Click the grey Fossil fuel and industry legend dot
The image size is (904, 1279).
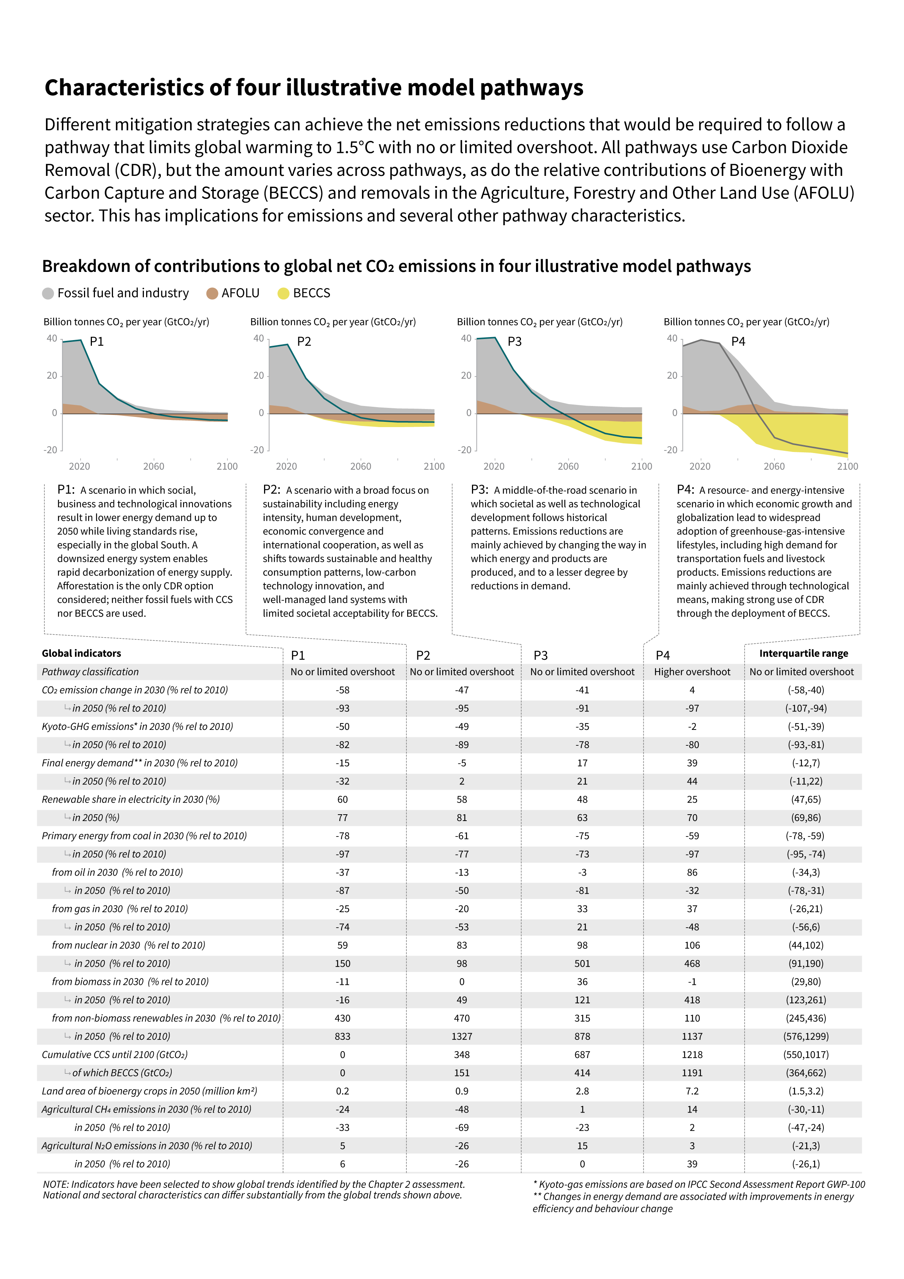tap(48, 293)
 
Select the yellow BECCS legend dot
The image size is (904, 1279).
tap(284, 293)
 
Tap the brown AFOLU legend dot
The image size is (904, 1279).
tap(212, 293)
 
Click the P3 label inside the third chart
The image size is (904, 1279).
tap(514, 342)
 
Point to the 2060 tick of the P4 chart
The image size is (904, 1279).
tap(774, 466)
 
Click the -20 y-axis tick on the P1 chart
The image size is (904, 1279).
tap(51, 450)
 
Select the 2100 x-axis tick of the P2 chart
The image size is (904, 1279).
tap(434, 466)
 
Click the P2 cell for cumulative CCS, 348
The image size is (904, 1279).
tap(462, 1055)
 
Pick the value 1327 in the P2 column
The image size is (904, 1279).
tap(462, 1036)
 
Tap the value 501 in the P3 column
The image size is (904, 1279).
tap(582, 963)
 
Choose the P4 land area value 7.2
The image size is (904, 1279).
tap(692, 1091)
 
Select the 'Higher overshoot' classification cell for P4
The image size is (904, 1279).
tap(692, 672)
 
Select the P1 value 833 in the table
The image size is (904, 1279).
tap(342, 1036)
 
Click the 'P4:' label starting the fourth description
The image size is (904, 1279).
tap(686, 489)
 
